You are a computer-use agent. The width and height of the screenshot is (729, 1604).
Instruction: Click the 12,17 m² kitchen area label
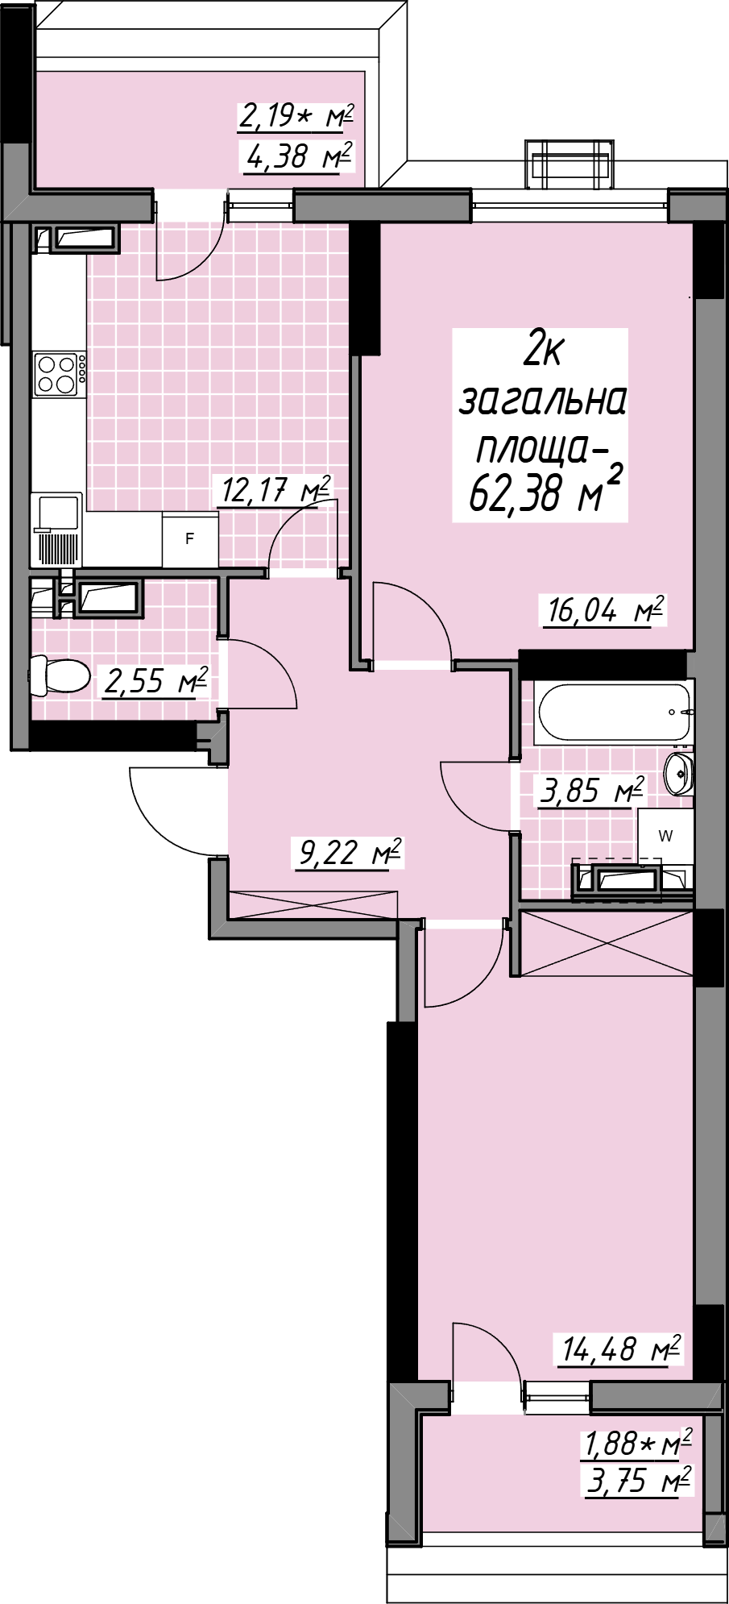click(x=275, y=489)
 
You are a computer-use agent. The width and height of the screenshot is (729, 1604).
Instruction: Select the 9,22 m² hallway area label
click(x=350, y=852)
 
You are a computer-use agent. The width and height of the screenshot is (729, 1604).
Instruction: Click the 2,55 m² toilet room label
click(x=156, y=681)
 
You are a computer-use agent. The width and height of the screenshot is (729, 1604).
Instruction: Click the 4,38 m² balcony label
click(x=299, y=156)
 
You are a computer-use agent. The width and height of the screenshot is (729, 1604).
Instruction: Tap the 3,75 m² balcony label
click(x=639, y=1481)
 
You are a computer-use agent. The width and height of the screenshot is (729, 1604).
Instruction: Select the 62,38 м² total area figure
click(x=545, y=492)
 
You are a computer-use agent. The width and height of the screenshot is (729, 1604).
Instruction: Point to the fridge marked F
click(x=190, y=538)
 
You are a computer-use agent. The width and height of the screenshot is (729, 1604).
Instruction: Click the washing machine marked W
click(x=666, y=836)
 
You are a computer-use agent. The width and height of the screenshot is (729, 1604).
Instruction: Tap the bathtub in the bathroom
click(x=613, y=713)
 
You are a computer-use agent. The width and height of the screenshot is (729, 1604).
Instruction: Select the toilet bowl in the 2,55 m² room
click(x=59, y=675)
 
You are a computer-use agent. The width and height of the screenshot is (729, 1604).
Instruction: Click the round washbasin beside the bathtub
click(x=678, y=775)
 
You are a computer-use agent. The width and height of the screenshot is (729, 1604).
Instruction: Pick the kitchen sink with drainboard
click(x=57, y=530)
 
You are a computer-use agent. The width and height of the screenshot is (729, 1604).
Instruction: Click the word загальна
click(x=542, y=400)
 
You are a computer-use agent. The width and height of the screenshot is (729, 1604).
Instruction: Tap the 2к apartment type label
click(x=544, y=350)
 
